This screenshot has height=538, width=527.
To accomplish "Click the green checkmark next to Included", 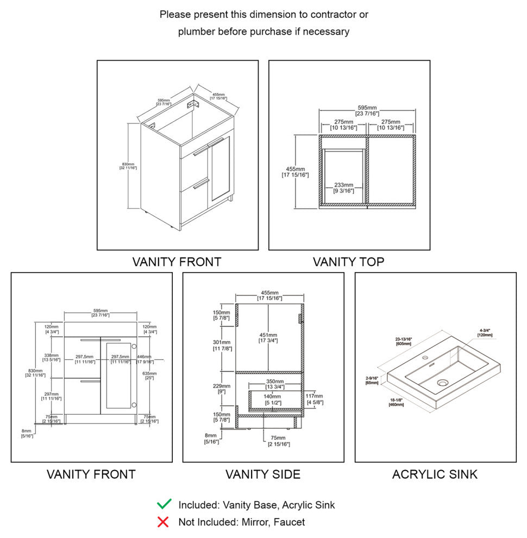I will (164, 504).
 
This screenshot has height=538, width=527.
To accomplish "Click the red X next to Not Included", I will (162, 522).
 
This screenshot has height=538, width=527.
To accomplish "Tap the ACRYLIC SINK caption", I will (435, 474).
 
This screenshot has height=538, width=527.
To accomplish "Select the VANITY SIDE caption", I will (263, 474).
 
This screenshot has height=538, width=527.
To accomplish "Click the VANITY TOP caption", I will (348, 262).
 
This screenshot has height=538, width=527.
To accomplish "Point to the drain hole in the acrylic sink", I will (442, 383).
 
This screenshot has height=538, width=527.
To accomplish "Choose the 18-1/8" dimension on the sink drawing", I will (396, 402).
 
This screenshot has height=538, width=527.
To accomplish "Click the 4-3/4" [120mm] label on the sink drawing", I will (485, 333).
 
